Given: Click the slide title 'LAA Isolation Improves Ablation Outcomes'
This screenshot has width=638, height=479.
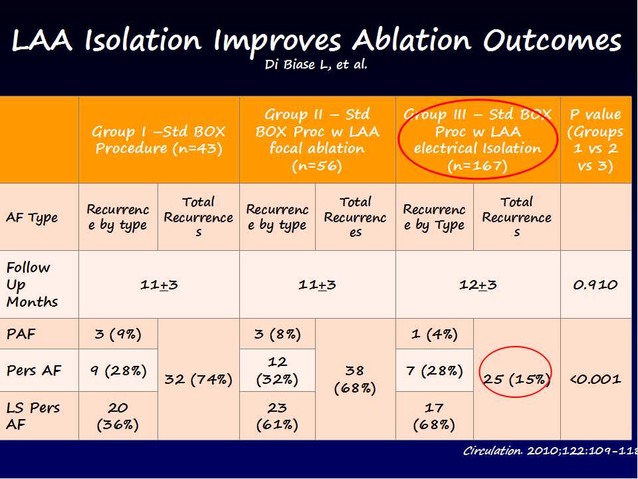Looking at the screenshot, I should pyautogui.click(x=316, y=41).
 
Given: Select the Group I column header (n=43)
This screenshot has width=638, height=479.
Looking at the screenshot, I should pyautogui.click(x=159, y=140).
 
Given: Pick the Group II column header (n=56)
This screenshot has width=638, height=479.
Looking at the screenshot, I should pyautogui.click(x=317, y=140).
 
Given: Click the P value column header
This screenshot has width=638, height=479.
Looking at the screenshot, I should pyautogui.click(x=595, y=140).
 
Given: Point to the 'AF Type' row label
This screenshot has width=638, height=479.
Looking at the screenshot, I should pyautogui.click(x=32, y=218).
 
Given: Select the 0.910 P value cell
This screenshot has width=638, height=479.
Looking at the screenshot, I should pyautogui.click(x=595, y=285).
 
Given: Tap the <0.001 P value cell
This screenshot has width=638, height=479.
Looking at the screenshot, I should pyautogui.click(x=595, y=379).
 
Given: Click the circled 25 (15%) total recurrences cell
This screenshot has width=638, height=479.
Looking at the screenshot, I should pyautogui.click(x=516, y=380).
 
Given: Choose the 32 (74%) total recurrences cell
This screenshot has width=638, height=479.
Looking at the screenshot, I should pyautogui.click(x=198, y=380).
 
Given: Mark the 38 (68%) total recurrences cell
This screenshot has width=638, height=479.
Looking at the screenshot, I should pyautogui.click(x=355, y=379).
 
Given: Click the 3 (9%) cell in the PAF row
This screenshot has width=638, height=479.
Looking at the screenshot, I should pyautogui.click(x=118, y=334).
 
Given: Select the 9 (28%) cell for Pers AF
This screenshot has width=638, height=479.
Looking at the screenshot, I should pyautogui.click(x=118, y=370).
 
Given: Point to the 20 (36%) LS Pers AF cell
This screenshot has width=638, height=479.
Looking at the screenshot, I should pyautogui.click(x=118, y=415).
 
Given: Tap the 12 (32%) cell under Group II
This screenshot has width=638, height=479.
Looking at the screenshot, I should pyautogui.click(x=277, y=370).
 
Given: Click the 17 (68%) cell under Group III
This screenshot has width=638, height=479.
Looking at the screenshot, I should pyautogui.click(x=434, y=415).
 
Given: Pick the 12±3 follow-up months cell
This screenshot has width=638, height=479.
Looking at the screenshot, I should pyautogui.click(x=478, y=285).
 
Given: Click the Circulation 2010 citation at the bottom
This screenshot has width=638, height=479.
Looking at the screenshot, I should pyautogui.click(x=549, y=450).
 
